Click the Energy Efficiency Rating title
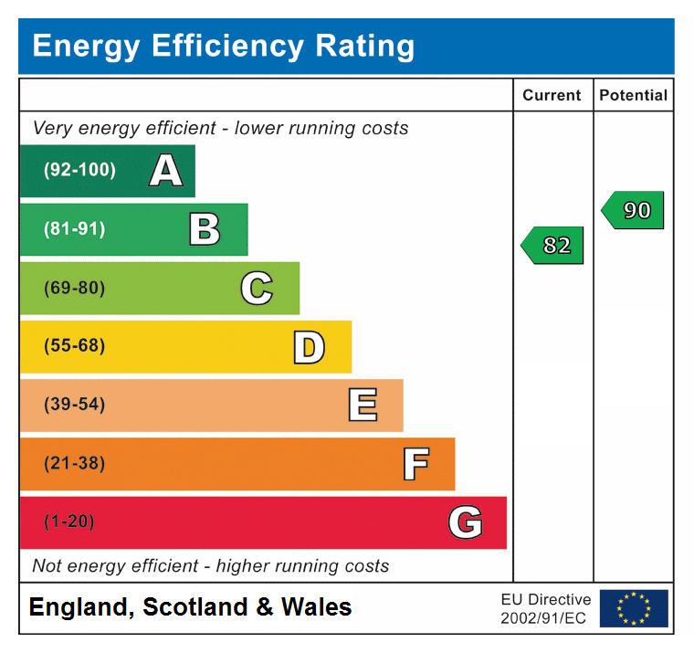click(224, 46)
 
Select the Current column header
click(552, 95)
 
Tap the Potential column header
click(633, 95)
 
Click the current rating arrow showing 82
click(553, 246)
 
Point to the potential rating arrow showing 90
click(634, 210)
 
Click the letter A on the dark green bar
click(165, 171)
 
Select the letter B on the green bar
click(205, 229)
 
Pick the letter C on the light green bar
click(257, 289)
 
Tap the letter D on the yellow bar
click(309, 347)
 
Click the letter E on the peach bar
click(363, 405)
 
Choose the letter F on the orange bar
click(415, 464)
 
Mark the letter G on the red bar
click(465, 522)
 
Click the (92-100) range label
click(79, 171)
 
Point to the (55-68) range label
click(74, 346)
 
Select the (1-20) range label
click(69, 522)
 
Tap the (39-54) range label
click(74, 405)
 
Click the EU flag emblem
click(634, 608)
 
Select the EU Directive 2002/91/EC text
click(545, 609)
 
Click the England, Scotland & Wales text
click(190, 607)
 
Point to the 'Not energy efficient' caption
click(211, 566)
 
